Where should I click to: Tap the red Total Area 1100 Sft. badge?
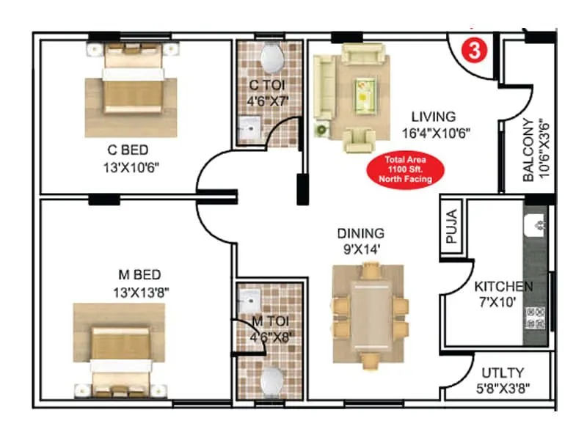click(405, 169)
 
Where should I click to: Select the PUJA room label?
click(451, 228)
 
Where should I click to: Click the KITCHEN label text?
click(503, 286)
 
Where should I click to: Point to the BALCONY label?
click(528, 150)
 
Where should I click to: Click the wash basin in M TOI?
click(249, 298)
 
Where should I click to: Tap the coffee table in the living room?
click(364, 92)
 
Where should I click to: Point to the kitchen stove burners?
click(534, 317)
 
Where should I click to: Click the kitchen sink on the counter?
click(536, 221)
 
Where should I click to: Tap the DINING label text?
click(360, 233)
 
